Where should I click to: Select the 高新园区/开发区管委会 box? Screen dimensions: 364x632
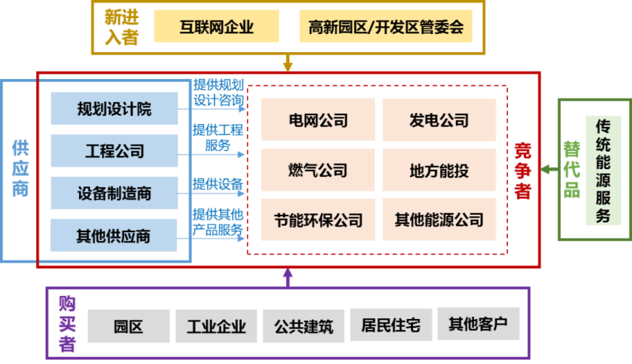[x=386, y=28]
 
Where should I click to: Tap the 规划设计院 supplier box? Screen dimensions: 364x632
[x=114, y=108]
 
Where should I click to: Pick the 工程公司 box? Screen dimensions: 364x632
[x=114, y=150]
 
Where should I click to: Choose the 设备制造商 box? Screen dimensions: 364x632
[x=114, y=193]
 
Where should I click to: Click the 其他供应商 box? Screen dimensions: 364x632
[x=114, y=235]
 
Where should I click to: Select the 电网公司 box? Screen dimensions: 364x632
[x=318, y=120]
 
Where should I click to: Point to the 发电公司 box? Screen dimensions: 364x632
[x=439, y=120]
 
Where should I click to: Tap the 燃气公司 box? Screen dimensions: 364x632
[x=318, y=170]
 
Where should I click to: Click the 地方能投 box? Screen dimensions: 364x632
[x=439, y=170]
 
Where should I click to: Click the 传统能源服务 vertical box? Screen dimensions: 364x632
[x=604, y=170]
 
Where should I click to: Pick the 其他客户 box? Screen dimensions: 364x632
[x=478, y=324]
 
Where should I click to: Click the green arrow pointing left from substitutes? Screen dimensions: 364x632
[x=550, y=170]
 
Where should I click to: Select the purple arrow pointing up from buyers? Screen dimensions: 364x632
[x=288, y=277]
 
